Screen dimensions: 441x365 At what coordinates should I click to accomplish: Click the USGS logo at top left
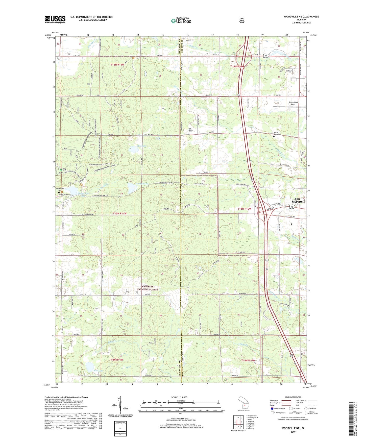pyautogui.click(x=55, y=19)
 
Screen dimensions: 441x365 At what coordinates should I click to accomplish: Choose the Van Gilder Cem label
pyautogui.click(x=190, y=130)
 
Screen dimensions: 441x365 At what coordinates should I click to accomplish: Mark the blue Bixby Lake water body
pyautogui.click(x=89, y=365)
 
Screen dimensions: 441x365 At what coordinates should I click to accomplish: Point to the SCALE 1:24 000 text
pyautogui.click(x=179, y=397)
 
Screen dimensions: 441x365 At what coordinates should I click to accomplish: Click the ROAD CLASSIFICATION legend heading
pyautogui.click(x=293, y=397)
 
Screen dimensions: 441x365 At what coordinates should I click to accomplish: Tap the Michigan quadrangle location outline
pyautogui.click(x=244, y=404)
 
